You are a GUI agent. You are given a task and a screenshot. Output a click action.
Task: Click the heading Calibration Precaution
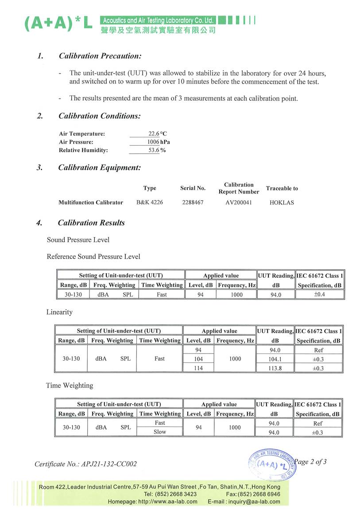(x=100, y=56)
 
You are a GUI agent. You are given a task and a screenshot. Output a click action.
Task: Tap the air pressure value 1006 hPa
(x=158, y=142)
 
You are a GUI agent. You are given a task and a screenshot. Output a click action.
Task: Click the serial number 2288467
(x=193, y=202)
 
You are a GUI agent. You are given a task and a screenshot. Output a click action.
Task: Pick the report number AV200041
(x=238, y=202)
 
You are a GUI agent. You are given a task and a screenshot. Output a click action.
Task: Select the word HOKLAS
(x=282, y=202)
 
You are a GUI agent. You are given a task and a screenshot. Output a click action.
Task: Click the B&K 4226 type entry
(x=150, y=202)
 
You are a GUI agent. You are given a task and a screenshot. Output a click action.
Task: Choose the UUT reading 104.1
(x=275, y=359)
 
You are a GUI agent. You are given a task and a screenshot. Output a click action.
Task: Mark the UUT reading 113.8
(x=275, y=368)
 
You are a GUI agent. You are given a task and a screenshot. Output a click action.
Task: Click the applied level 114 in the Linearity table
(x=198, y=368)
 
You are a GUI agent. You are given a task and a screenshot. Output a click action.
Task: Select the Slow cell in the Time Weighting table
(x=159, y=432)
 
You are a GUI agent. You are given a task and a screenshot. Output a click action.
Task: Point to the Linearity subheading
(x=59, y=312)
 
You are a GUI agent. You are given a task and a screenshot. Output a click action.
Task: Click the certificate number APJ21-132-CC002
(x=85, y=464)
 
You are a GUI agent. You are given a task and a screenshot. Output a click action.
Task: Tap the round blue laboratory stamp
(x=272, y=464)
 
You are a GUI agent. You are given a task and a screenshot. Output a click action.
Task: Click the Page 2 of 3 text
(x=310, y=462)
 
